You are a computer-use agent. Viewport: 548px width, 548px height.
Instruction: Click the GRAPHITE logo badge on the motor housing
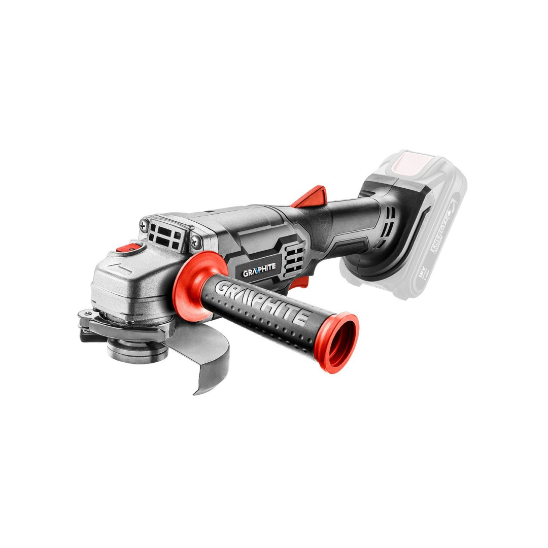(260, 272)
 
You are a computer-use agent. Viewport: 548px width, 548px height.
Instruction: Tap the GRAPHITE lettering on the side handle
(263, 303)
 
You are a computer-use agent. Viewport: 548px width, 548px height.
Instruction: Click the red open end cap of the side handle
(341, 341)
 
